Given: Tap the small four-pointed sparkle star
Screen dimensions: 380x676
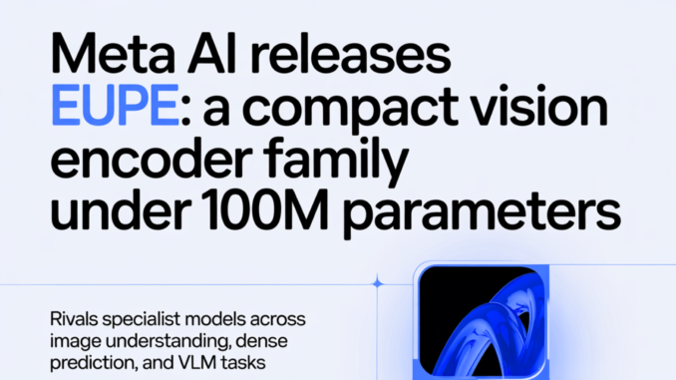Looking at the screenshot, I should [377, 284].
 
